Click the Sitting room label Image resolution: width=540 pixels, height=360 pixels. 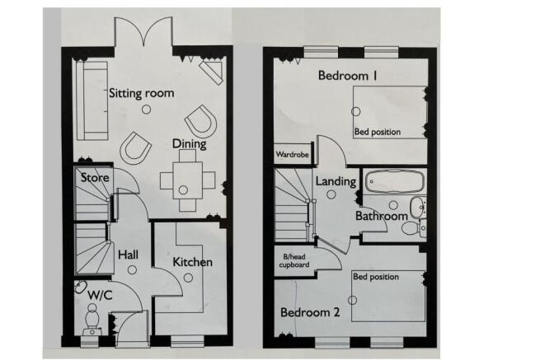[141, 93]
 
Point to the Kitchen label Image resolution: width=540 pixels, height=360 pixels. [192, 262]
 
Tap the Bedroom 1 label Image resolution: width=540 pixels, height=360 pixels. [347, 77]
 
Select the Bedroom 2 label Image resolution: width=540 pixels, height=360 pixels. [309, 313]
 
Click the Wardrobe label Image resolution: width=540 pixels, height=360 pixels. [293, 155]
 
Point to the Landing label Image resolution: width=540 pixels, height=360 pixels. [336, 181]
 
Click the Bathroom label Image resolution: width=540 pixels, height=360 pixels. [381, 216]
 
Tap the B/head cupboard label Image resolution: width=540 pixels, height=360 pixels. [293, 261]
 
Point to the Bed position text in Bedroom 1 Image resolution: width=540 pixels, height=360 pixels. [378, 132]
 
